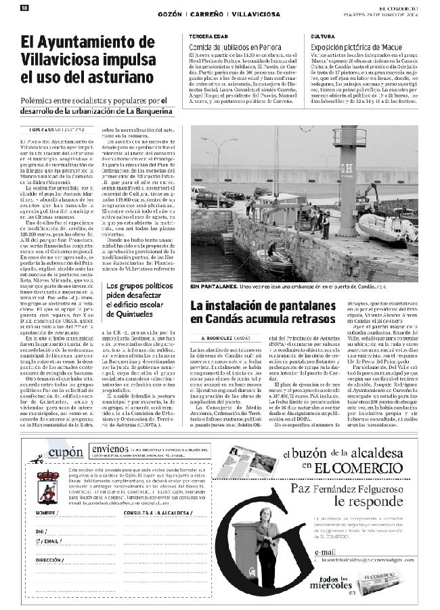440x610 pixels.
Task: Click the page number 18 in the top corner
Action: (24, 7)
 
